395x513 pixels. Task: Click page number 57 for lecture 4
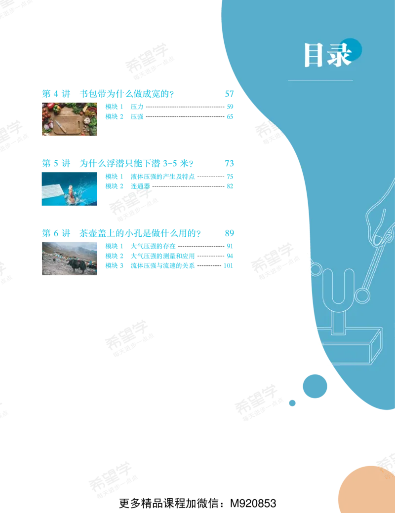(229, 94)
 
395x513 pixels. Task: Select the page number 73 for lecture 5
(229, 163)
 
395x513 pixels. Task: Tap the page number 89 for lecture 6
(229, 233)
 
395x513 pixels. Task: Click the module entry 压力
(137, 107)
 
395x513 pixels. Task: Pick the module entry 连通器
(140, 186)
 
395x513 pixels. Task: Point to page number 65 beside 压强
(230, 116)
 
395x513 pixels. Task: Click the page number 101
(228, 266)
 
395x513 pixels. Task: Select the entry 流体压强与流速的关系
(162, 266)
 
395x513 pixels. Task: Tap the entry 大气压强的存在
(153, 246)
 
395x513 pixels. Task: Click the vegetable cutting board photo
(70, 119)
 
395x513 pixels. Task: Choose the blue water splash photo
(70, 189)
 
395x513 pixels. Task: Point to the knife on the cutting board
(61, 126)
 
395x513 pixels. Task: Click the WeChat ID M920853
(253, 503)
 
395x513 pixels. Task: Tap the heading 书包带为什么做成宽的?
(127, 94)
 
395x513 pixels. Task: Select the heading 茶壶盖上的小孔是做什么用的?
(140, 233)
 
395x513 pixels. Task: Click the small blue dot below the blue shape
(292, 403)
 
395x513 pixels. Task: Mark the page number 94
(230, 256)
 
